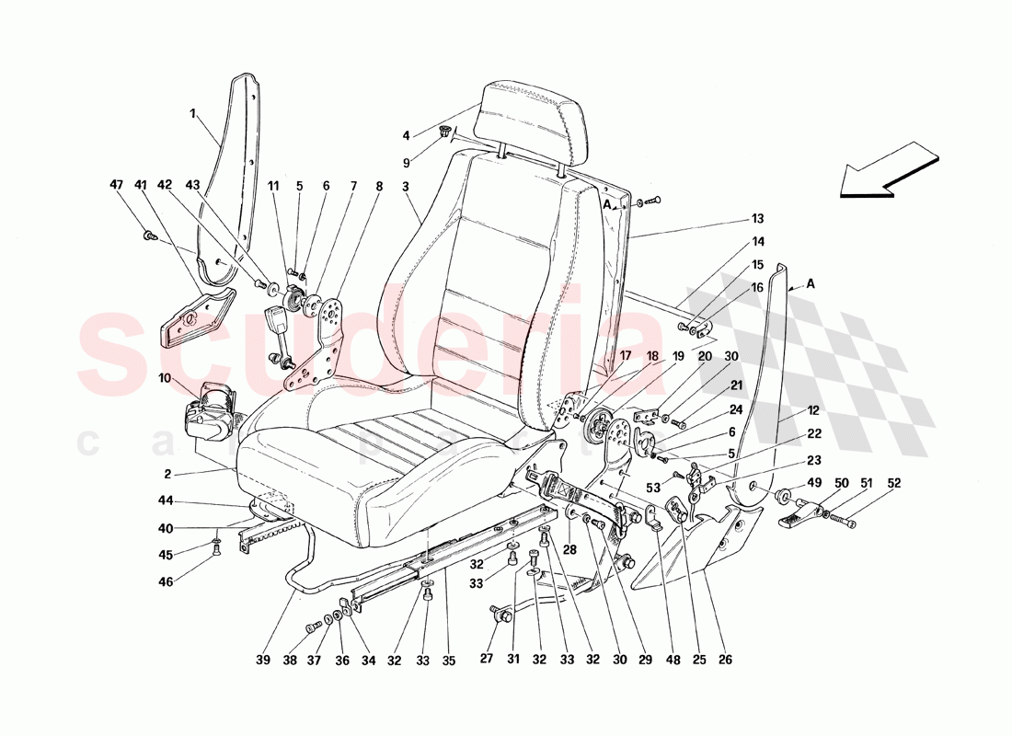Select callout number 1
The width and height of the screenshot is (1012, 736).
pos(194,114)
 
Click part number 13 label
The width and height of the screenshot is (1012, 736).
pos(758,219)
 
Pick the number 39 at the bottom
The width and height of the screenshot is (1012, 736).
pos(263,659)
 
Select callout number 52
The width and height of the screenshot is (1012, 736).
pos(894,483)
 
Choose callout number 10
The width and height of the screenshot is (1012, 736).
pos(165,378)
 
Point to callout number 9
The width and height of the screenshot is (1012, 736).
pos(406,163)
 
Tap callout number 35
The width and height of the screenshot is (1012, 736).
pos(449,659)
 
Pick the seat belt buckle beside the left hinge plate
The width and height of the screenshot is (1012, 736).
pos(275,326)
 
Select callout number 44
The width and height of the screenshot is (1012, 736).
pos(165,501)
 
